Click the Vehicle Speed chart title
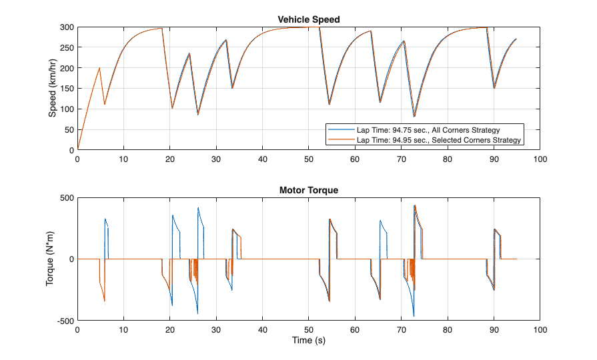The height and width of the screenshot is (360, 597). pyautogui.click(x=308, y=19)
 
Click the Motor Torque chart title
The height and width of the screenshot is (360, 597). pyautogui.click(x=308, y=190)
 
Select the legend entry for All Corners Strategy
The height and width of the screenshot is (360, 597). pyautogui.click(x=428, y=129)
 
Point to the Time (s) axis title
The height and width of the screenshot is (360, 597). pyautogui.click(x=308, y=341)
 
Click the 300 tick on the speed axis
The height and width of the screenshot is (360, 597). pyautogui.click(x=67, y=27)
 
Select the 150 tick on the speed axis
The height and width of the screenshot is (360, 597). pyautogui.click(x=67, y=89)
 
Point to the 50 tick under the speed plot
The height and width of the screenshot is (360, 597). pyautogui.click(x=308, y=159)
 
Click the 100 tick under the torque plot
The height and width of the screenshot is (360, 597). pyautogui.click(x=540, y=330)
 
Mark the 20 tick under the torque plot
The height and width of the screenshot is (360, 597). pyautogui.click(x=169, y=330)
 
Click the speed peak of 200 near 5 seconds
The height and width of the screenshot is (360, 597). pyautogui.click(x=100, y=68)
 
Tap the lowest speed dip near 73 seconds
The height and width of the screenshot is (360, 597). pyautogui.click(x=414, y=117)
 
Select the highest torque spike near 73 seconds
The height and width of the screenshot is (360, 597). pyautogui.click(x=415, y=205)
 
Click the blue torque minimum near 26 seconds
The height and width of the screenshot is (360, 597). pyautogui.click(x=197, y=313)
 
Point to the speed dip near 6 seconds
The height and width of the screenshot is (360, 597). pyautogui.click(x=105, y=105)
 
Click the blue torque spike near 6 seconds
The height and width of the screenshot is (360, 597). pyautogui.click(x=105, y=219)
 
